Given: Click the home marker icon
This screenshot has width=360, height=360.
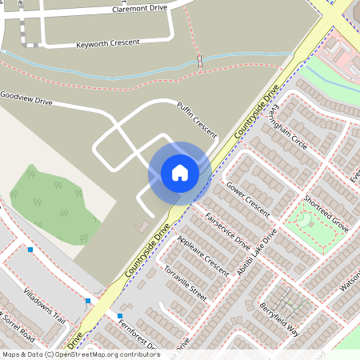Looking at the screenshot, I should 179,172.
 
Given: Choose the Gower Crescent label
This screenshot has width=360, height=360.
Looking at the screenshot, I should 249,194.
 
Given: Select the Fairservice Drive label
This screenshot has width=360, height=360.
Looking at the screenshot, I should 228,230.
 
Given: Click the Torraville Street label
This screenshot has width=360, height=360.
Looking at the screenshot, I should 185,283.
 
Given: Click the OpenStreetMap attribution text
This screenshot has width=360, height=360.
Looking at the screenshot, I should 81,354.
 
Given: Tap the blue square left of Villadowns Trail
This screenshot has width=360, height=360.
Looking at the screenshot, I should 30,250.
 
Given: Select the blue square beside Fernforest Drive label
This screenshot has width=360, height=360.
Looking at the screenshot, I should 120,316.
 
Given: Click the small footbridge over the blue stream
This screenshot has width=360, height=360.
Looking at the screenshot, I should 198,60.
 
